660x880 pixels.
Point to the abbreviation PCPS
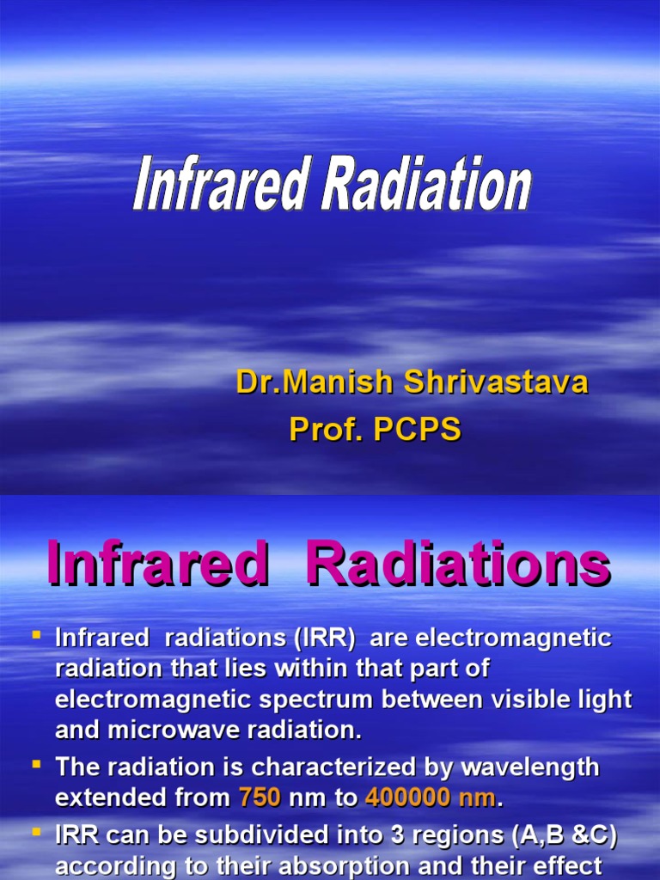(415, 429)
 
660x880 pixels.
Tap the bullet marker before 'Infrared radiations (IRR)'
(36, 636)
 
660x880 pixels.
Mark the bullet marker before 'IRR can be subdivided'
(36, 832)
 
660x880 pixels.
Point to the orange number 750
(260, 798)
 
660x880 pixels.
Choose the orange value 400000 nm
(431, 798)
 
